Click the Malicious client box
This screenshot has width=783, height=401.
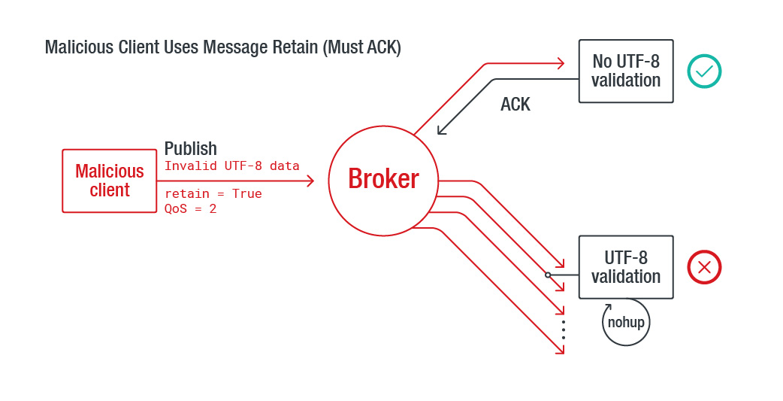[109, 181]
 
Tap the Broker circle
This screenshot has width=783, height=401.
[383, 179]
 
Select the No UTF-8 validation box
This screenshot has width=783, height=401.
[625, 71]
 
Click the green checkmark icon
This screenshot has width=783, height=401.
[704, 71]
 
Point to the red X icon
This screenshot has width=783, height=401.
[704, 267]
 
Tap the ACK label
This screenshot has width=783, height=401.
[515, 105]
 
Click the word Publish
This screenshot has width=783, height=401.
[191, 148]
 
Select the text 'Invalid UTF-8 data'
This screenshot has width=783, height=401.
[231, 166]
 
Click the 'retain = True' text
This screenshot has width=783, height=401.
[213, 193]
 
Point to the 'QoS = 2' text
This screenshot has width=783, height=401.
[190, 208]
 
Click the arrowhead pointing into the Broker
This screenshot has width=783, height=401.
[310, 181]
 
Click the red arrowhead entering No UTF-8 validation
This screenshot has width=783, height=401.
[559, 63]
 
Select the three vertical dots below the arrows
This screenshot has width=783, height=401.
[563, 329]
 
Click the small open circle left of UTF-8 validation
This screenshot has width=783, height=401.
[548, 275]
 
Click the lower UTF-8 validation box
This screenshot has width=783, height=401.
[625, 267]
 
